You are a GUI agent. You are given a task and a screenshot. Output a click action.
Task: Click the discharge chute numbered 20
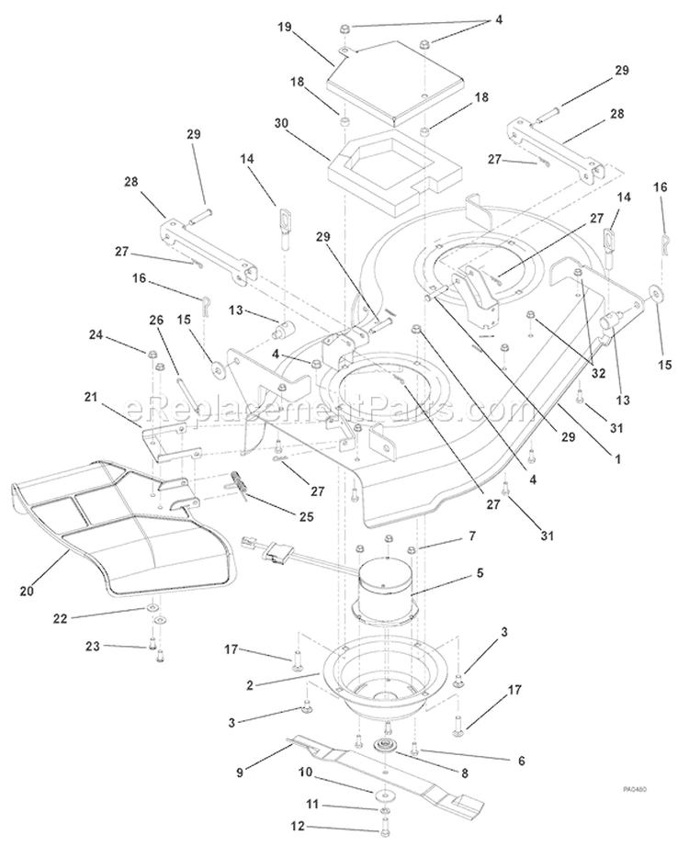[123, 526]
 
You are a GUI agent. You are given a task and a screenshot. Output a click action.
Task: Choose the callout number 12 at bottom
[298, 826]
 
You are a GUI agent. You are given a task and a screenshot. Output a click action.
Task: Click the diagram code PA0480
[635, 789]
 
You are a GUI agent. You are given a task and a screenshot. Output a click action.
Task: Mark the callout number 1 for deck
[618, 459]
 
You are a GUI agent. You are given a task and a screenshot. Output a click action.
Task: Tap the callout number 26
[156, 321]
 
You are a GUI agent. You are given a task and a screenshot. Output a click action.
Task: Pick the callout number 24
[96, 335]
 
